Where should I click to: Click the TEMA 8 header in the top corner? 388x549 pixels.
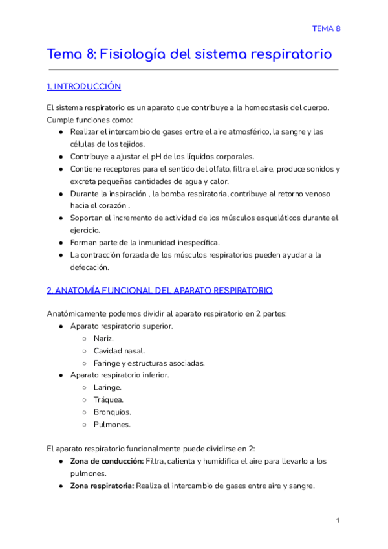click(326, 28)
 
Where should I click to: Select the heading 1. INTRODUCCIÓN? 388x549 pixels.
click(83, 87)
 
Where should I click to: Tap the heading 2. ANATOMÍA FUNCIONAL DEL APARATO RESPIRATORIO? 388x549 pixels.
click(160, 290)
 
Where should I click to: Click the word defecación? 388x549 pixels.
click(91, 267)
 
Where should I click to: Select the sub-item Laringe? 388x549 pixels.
click(107, 387)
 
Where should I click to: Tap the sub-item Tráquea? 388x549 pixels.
click(108, 399)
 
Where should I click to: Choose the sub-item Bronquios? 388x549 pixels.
click(112, 412)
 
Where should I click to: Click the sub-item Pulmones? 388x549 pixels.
click(112, 424)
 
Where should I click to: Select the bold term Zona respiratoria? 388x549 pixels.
click(102, 486)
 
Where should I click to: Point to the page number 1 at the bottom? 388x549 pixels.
click(338, 521)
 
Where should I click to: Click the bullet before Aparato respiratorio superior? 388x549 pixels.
click(60, 326)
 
